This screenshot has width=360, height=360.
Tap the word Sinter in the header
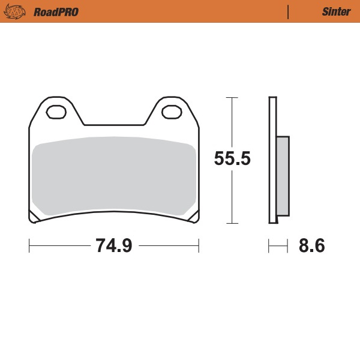(332, 11)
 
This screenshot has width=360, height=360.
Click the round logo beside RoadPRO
(17, 11)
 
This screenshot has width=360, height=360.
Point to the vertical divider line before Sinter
(289, 11)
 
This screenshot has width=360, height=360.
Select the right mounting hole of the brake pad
(172, 112)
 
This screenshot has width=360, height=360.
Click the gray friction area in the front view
(114, 177)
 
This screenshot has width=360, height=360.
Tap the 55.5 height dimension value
(232, 159)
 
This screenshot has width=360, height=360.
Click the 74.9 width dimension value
(113, 245)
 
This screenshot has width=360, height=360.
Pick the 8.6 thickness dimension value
(311, 245)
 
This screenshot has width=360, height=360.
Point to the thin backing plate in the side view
(273, 160)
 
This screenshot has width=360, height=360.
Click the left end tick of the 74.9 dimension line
(29, 245)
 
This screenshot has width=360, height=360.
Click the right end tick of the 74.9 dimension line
(199, 245)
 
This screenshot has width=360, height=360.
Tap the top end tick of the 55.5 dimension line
(232, 97)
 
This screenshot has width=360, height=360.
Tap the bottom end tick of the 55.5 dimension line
(232, 223)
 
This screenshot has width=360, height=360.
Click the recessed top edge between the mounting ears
(114, 125)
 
